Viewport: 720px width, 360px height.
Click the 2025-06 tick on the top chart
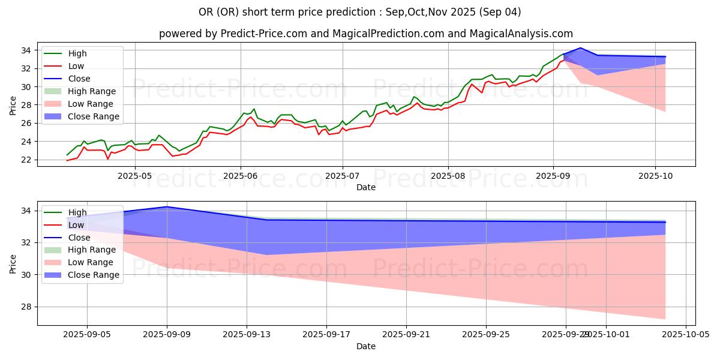tap(241, 175)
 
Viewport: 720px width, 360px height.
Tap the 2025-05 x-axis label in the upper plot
tap(134, 175)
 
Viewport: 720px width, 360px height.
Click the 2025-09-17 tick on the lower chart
tap(326, 334)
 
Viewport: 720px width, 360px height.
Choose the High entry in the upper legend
tap(77, 53)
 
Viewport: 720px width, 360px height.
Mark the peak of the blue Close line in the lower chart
tap(167, 206)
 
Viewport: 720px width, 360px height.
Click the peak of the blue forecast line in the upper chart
tap(580, 48)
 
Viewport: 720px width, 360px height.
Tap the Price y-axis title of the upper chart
tap(13, 105)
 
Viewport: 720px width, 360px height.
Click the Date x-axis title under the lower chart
tap(366, 346)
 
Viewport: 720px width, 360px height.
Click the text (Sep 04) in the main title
tap(503, 12)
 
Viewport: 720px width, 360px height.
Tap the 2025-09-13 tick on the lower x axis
tap(247, 334)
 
